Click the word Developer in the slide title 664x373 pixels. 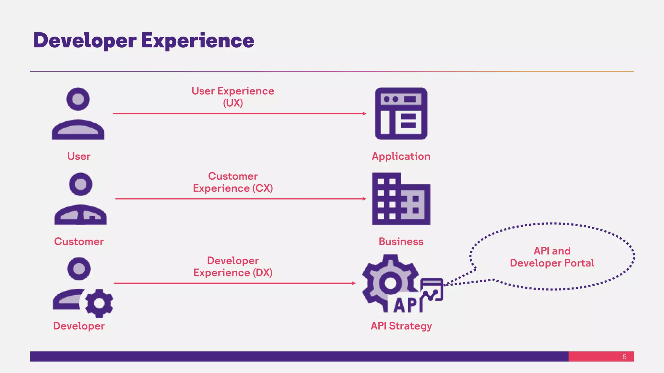coord(85,41)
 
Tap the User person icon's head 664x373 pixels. coord(78,99)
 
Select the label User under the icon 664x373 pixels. coord(79,156)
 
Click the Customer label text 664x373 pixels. coord(79,242)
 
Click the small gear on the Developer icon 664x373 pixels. coord(99,303)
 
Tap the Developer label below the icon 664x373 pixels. coord(79,326)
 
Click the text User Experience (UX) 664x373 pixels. coord(233,97)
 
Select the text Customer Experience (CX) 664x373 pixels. coord(233,182)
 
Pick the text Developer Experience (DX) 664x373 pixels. coord(233,266)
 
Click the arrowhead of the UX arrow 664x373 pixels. coord(364,114)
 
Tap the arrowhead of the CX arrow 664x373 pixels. coord(364,199)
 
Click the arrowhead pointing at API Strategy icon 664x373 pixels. coord(354,283)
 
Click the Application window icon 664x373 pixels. coord(401,114)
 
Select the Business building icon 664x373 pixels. coord(401,199)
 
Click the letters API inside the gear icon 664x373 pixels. coord(407,305)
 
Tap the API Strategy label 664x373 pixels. coord(401,326)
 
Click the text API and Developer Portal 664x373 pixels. coord(552,257)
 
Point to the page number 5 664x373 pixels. coord(624,357)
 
